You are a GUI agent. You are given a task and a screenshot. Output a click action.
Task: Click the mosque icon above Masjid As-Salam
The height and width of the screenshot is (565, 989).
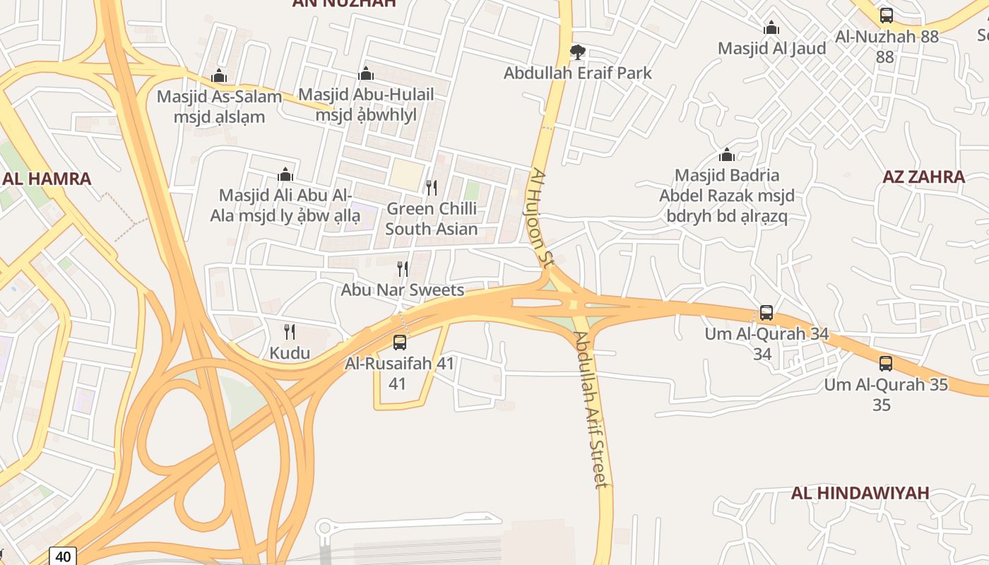pyautogui.click(x=219, y=76)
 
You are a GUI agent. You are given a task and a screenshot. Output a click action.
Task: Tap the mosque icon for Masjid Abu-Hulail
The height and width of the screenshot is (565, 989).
pyautogui.click(x=366, y=73)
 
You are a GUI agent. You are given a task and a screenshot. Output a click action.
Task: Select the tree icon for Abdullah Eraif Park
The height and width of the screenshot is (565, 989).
pyautogui.click(x=577, y=52)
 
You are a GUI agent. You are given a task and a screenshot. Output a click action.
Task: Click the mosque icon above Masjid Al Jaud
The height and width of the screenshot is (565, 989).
pyautogui.click(x=771, y=28)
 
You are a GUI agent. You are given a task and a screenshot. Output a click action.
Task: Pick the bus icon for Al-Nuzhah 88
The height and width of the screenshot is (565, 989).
pyautogui.click(x=886, y=15)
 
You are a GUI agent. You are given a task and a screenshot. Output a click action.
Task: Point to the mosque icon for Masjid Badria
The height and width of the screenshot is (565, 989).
pyautogui.click(x=727, y=155)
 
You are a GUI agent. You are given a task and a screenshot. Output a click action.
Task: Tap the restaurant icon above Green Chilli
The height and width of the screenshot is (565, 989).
pyautogui.click(x=431, y=188)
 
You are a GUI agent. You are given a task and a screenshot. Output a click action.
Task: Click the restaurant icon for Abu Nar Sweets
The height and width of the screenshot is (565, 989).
pyautogui.click(x=403, y=269)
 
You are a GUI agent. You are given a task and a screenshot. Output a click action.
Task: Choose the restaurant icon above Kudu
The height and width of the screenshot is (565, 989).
pyautogui.click(x=289, y=332)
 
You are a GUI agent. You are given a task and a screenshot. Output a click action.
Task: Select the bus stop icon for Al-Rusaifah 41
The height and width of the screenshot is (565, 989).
pyautogui.click(x=400, y=343)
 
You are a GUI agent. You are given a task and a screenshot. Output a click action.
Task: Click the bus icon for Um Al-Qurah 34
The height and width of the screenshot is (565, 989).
pyautogui.click(x=766, y=313)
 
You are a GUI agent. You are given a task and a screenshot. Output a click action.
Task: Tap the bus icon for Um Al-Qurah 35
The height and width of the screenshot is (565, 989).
pyautogui.click(x=886, y=364)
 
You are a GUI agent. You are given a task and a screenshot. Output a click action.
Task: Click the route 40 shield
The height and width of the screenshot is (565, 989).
pyautogui.click(x=63, y=557)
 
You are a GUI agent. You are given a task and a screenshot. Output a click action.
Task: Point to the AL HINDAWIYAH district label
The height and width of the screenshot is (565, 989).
pyautogui.click(x=860, y=493)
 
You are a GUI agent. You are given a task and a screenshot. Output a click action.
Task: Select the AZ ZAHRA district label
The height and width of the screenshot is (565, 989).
pyautogui.click(x=923, y=177)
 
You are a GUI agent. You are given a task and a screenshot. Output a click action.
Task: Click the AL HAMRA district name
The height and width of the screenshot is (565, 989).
pyautogui.click(x=47, y=179)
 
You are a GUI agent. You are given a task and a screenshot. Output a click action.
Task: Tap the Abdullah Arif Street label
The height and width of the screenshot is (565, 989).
pyautogui.click(x=591, y=410)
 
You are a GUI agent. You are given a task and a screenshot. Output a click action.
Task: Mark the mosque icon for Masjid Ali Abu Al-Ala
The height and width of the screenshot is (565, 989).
pyautogui.click(x=285, y=174)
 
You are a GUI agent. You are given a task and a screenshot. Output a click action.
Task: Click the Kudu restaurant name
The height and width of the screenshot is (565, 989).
pyautogui.click(x=290, y=352)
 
